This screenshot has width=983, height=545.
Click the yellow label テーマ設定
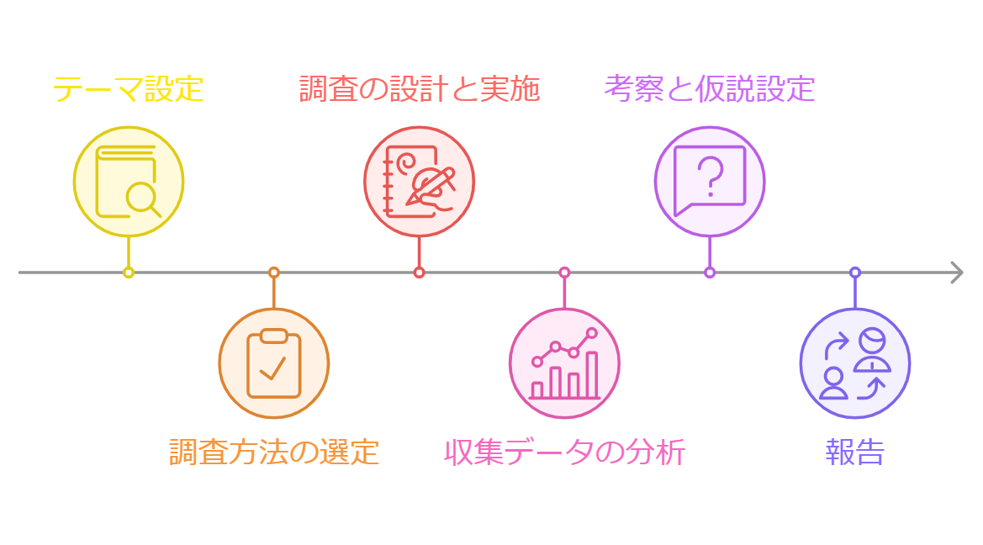128,88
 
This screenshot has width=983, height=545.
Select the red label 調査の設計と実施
419,88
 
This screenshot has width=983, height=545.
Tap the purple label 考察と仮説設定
709,88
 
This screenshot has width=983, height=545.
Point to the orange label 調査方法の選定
273,452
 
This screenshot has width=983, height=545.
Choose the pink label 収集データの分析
564,452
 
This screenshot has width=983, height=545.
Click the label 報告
854,452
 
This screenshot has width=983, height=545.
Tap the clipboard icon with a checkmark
273,363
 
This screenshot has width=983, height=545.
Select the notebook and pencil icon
419,181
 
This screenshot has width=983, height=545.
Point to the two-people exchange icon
854,363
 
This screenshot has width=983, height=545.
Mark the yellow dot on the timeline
128,272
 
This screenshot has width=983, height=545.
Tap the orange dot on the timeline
273,272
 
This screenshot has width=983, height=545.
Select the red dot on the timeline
419,272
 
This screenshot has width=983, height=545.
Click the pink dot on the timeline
564,272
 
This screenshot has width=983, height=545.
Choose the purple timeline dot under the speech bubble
710,272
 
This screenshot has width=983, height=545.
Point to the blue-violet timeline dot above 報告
854,272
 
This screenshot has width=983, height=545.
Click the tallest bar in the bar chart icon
591,374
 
